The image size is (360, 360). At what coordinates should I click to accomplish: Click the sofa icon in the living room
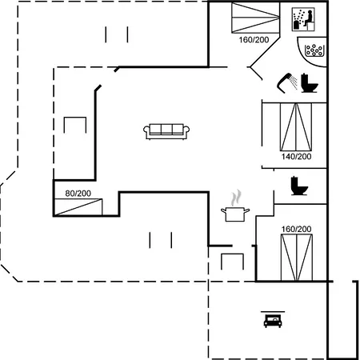[x=166, y=131]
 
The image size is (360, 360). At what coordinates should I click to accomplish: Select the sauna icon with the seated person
[x=302, y=19]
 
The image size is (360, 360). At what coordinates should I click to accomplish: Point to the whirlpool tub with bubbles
[x=314, y=50]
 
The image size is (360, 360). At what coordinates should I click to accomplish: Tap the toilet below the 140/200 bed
[x=298, y=186]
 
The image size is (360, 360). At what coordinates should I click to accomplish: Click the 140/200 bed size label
[x=295, y=157]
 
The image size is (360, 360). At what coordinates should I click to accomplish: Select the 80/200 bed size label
[x=78, y=194]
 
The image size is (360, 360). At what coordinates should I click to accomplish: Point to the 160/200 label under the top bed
[x=254, y=40]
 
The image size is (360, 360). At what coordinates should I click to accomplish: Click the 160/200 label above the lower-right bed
[x=296, y=230]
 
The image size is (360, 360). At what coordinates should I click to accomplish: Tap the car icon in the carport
[x=272, y=320]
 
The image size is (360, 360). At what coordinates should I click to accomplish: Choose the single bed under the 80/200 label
[x=78, y=206]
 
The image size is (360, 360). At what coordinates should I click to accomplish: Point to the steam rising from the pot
[x=235, y=197]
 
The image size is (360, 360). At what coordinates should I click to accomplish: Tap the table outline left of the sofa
[x=74, y=127]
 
